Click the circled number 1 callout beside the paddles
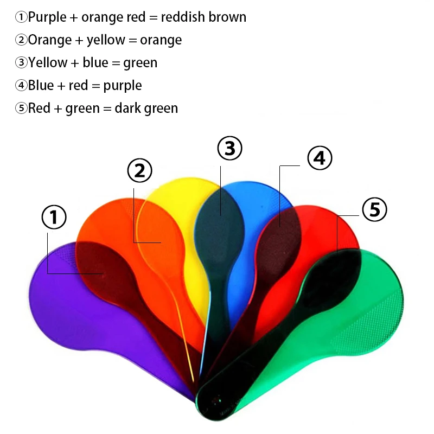(x=54, y=218)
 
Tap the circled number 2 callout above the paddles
(x=139, y=170)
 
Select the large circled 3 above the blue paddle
(x=229, y=148)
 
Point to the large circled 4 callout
(x=320, y=158)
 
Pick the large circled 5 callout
(x=374, y=209)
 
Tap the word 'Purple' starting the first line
(x=48, y=17)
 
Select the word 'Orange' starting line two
(x=50, y=40)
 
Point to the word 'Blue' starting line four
(x=41, y=86)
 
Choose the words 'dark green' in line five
(x=146, y=108)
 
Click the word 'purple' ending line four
(x=123, y=86)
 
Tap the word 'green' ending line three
(x=141, y=63)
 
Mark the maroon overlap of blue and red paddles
(x=279, y=233)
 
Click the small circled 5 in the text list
(x=21, y=108)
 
